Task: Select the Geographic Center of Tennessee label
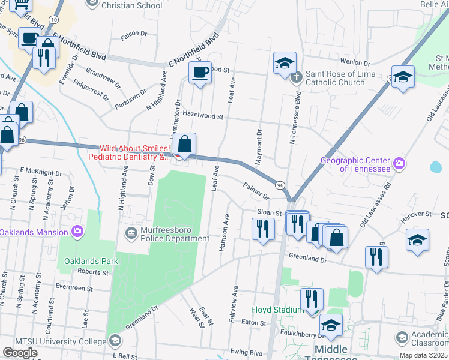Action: coord(355,164)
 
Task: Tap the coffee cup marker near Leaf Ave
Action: coord(200,73)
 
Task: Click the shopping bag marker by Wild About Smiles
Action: coord(186,144)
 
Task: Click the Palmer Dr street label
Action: coord(256,190)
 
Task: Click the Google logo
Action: coord(20,352)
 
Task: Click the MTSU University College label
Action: coord(57,341)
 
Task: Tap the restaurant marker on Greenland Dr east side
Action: coord(376,256)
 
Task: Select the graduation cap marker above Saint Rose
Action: coord(284,63)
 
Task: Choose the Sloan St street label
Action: coord(270,213)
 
